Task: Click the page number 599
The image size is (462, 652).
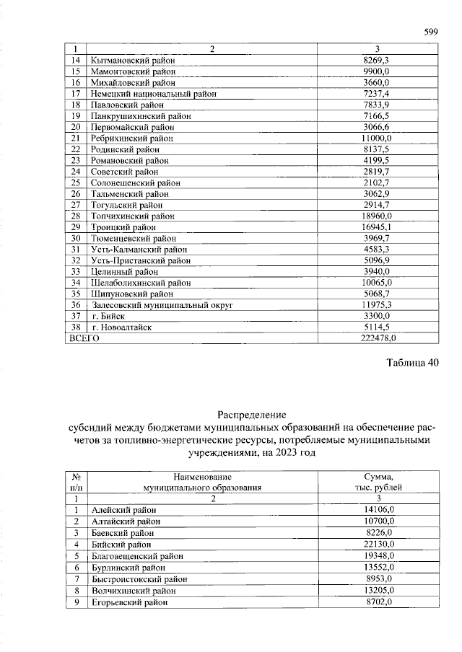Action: [431, 32]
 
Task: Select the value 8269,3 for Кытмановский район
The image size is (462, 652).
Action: [378, 61]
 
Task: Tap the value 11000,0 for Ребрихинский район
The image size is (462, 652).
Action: [378, 138]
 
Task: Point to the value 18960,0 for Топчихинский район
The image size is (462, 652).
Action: [378, 216]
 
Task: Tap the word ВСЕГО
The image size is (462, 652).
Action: [83, 338]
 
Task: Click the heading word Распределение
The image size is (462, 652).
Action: [252, 415]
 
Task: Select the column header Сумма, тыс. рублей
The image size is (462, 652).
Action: [378, 482]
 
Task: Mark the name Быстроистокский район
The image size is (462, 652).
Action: [135, 578]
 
